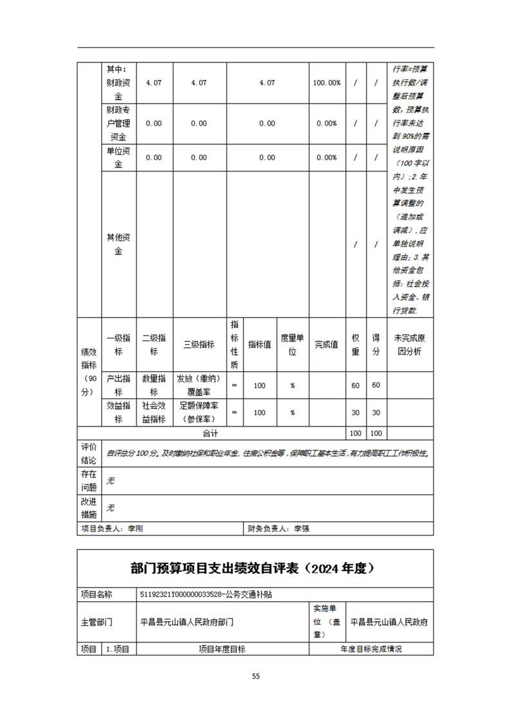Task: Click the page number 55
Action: (256, 676)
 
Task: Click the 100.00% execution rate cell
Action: (327, 83)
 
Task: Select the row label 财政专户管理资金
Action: (119, 123)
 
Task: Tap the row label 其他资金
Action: (119, 244)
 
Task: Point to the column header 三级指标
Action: (199, 345)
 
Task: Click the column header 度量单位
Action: (293, 345)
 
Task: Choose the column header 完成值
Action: (327, 345)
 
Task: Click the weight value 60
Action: (355, 385)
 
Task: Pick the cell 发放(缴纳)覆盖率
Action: (199, 385)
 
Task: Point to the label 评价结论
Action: (89, 454)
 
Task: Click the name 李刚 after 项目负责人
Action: (135, 528)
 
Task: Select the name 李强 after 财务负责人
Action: (302, 528)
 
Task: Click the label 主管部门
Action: (97, 622)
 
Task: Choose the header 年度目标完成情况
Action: (371, 649)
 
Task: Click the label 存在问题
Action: (89, 481)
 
